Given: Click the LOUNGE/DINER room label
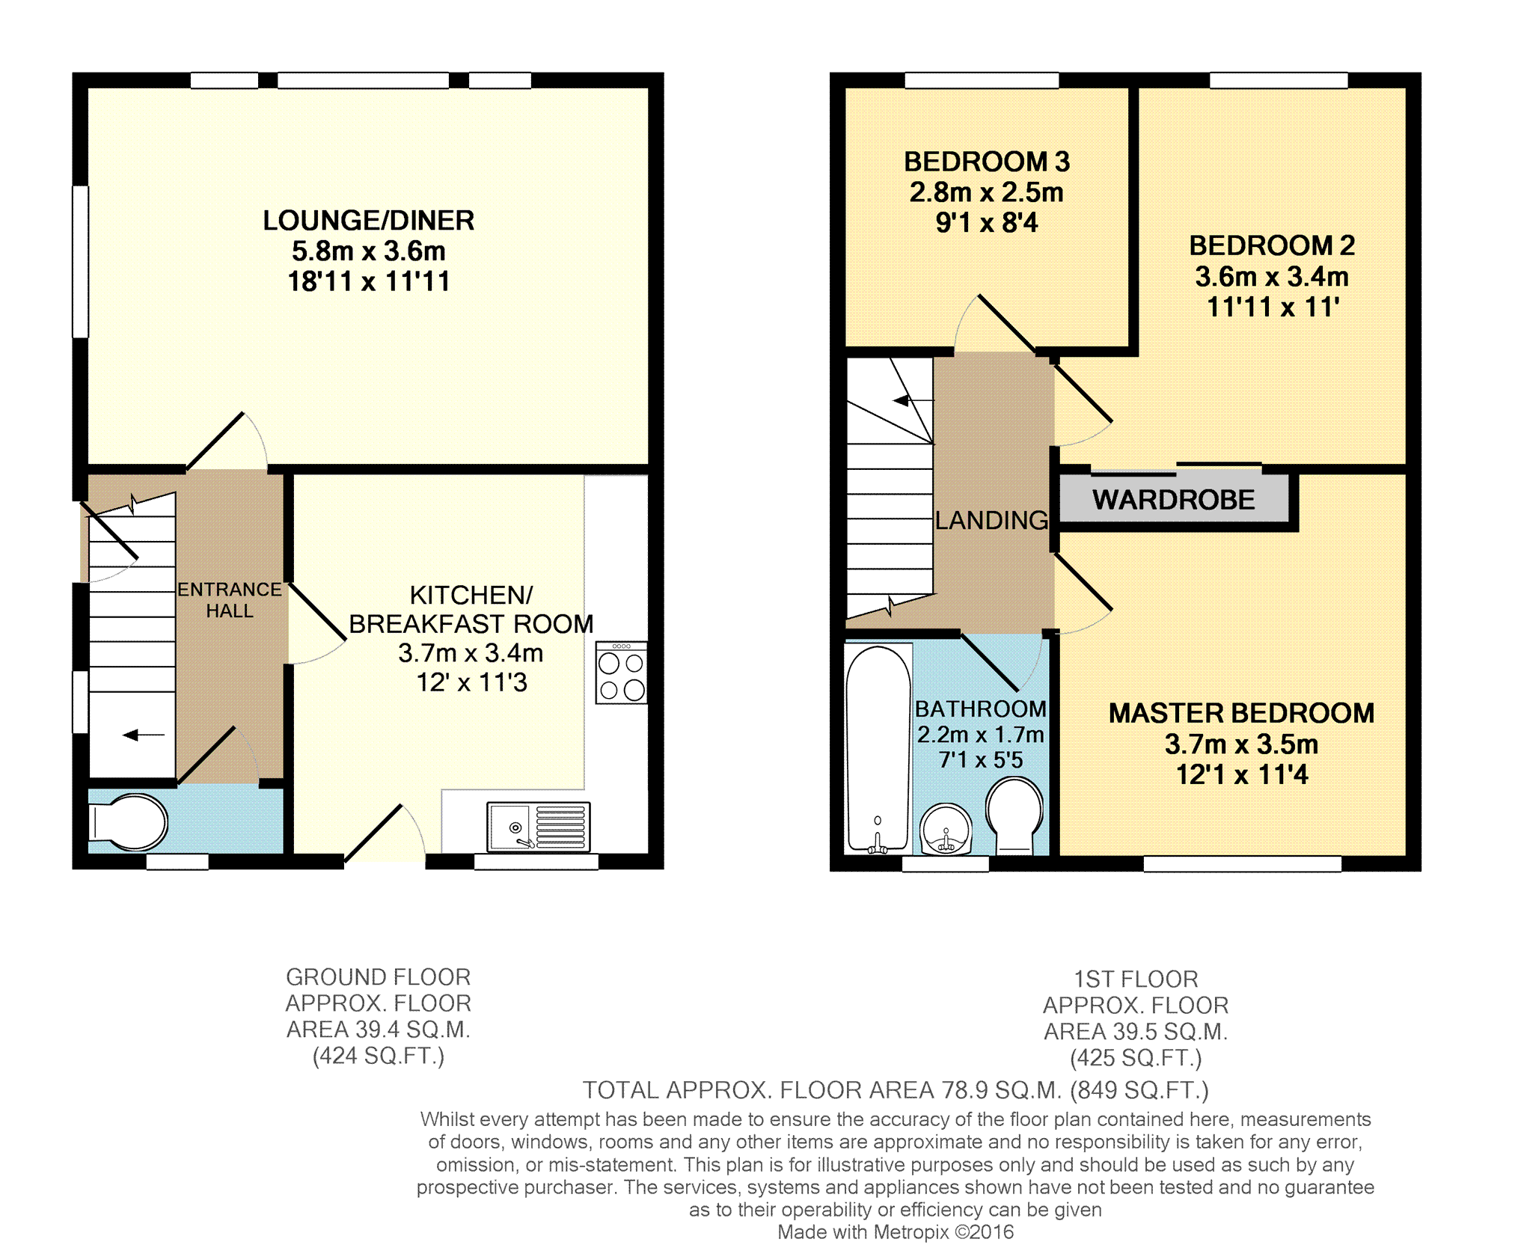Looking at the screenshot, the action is click(369, 221).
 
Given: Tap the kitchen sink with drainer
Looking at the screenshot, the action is click(538, 827).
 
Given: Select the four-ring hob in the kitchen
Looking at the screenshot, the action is click(621, 673).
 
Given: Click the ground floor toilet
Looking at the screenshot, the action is click(128, 822).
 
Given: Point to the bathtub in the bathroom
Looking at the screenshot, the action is click(878, 749).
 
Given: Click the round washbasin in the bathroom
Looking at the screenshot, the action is click(946, 830).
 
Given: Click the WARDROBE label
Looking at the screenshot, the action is click(1173, 500).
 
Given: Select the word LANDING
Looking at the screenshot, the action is click(991, 520).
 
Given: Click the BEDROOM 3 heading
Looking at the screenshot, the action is click(987, 162).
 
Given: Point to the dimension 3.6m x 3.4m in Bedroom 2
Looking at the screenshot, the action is click(1272, 277).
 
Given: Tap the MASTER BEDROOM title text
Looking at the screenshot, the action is click(1241, 713).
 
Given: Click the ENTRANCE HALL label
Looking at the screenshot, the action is click(230, 600).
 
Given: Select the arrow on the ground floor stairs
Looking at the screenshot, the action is click(144, 735).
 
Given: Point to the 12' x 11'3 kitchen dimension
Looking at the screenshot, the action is click(471, 682).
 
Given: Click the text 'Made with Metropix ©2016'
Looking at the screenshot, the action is click(896, 1232).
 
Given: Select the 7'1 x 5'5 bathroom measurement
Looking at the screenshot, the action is click(981, 760).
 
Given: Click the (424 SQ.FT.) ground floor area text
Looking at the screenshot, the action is click(379, 1056).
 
